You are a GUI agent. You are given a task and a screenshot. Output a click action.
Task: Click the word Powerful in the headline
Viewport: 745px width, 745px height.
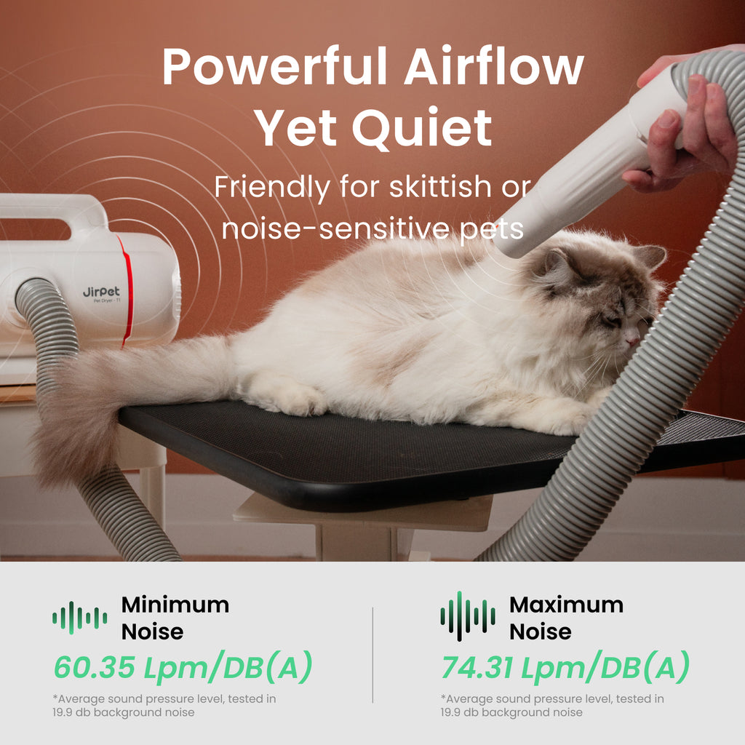pos(274,66)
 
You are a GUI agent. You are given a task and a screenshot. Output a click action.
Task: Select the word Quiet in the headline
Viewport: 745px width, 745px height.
pos(422,128)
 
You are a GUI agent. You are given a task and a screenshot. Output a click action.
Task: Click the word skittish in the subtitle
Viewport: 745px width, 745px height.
pos(440,186)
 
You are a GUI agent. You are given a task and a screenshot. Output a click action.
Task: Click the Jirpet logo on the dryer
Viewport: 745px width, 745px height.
pos(101,292)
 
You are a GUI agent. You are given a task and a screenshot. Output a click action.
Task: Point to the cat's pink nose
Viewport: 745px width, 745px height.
pos(632,340)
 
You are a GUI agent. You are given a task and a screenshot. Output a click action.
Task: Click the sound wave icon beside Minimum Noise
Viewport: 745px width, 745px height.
pos(80,618)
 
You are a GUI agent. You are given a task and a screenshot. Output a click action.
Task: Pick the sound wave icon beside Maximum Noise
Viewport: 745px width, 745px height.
pos(468,616)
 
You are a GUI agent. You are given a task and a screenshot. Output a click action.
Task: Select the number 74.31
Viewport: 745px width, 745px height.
pos(477,668)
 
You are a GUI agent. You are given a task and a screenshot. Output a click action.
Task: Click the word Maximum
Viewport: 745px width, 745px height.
pos(566,605)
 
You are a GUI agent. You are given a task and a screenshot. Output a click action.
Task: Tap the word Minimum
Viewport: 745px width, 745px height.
pos(175,605)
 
